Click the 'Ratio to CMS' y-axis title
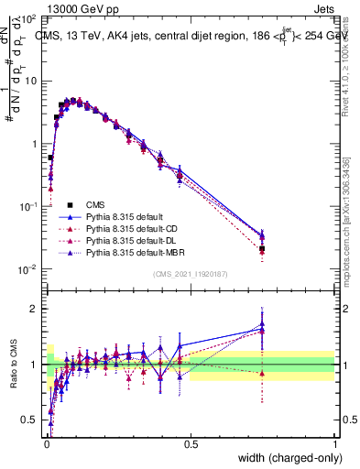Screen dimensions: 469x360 (12, 365)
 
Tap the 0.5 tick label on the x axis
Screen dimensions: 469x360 (191, 445)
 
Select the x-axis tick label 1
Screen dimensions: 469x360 (335, 445)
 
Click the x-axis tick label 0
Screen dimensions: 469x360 (46, 445)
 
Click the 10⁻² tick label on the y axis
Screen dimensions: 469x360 (30, 269)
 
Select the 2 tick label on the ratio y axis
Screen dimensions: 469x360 (38, 309)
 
